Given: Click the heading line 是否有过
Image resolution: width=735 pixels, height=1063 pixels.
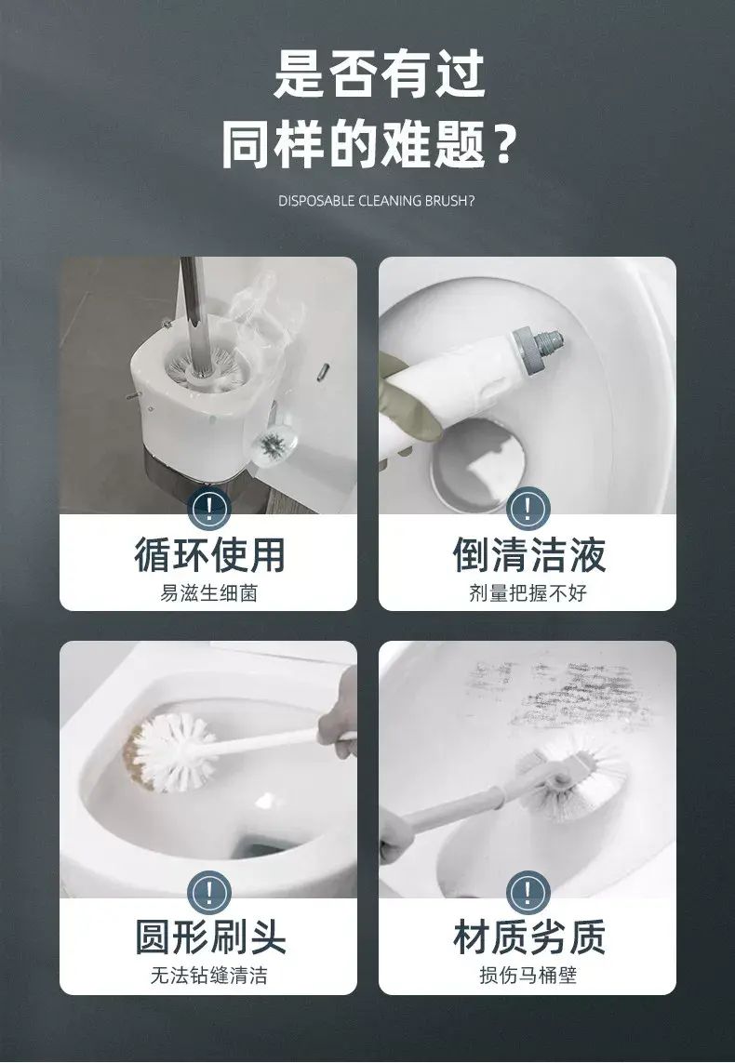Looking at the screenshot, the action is pyautogui.click(x=380, y=73).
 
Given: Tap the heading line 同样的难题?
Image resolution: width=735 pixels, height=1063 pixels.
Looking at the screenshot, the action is pyautogui.click(x=369, y=144).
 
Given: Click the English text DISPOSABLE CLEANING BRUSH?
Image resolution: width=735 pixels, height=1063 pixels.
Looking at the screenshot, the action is pyautogui.click(x=376, y=201).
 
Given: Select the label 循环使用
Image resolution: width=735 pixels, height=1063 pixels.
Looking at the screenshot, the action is pyautogui.click(x=209, y=555).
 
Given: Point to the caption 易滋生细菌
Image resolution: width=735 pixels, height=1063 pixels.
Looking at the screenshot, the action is pyautogui.click(x=208, y=593).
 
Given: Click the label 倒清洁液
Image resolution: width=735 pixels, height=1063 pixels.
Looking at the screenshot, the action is pyautogui.click(x=528, y=555).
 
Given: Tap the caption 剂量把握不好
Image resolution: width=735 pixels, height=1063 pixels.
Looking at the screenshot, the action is pyautogui.click(x=528, y=593).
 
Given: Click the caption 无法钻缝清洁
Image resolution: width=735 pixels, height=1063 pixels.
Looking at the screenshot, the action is pyautogui.click(x=208, y=975).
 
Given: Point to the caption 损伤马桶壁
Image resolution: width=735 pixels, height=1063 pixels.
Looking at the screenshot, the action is pyautogui.click(x=528, y=975).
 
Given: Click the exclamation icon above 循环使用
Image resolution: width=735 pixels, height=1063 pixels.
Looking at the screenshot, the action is pyautogui.click(x=209, y=509).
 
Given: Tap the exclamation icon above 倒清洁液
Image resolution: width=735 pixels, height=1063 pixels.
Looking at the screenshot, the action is pyautogui.click(x=528, y=509).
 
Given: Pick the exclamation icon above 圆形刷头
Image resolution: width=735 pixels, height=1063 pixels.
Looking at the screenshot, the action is pyautogui.click(x=209, y=892).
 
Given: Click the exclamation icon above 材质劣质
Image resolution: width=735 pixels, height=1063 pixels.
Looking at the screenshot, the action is pyautogui.click(x=528, y=892).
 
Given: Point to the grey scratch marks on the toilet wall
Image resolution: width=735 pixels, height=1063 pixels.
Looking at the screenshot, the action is pyautogui.click(x=557, y=692).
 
